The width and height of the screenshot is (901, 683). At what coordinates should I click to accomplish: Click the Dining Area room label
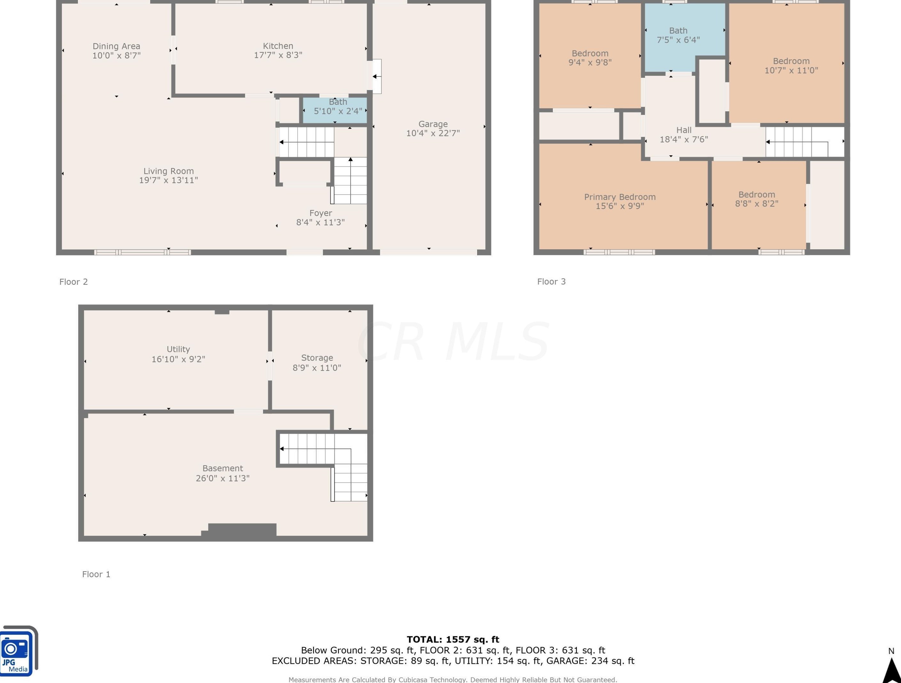click(x=116, y=46)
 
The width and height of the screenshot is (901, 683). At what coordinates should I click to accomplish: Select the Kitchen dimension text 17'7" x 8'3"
click(x=278, y=55)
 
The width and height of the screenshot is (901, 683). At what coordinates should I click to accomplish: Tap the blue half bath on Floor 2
click(x=335, y=110)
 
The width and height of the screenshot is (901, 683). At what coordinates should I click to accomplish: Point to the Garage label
click(x=433, y=124)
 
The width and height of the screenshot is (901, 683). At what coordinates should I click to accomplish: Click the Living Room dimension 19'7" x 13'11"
click(x=168, y=180)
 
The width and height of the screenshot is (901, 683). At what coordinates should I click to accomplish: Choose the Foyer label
click(x=321, y=213)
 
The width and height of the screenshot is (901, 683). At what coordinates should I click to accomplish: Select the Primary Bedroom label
click(x=620, y=197)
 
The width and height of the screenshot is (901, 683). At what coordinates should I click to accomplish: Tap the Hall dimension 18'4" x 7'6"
click(x=684, y=139)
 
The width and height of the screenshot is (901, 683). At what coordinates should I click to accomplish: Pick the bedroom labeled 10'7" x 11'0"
click(x=786, y=63)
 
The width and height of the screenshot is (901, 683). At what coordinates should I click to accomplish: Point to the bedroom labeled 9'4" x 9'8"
click(x=590, y=56)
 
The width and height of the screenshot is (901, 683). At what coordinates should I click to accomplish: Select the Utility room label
click(x=178, y=349)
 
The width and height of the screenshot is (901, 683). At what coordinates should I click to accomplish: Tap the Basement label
click(x=223, y=468)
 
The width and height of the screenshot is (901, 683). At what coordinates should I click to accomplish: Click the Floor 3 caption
click(x=551, y=282)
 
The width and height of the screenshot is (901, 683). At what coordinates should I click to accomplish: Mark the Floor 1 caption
click(x=96, y=574)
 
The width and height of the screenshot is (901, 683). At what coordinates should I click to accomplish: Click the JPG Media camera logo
click(x=18, y=650)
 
